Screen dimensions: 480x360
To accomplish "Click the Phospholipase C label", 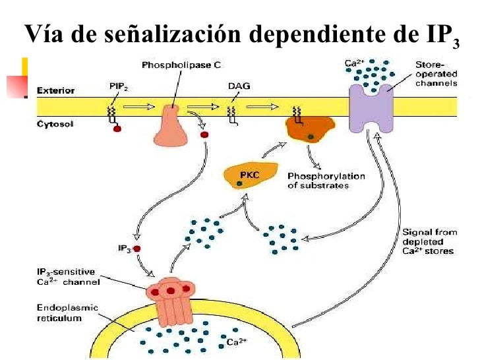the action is [181, 65].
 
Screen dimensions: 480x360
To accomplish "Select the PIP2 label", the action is [119, 86].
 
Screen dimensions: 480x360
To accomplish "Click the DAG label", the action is [239, 86].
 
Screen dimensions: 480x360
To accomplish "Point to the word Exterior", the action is [55, 90].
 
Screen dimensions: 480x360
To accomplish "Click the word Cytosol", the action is [55, 124].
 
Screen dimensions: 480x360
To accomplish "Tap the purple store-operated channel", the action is [371, 109].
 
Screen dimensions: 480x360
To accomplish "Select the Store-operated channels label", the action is [436, 74].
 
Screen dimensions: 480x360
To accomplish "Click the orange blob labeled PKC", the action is [251, 176].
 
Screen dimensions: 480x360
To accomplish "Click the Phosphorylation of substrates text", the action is [326, 181].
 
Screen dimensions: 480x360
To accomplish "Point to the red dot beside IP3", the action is [137, 249].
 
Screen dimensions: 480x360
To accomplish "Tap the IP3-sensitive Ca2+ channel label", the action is [69, 277].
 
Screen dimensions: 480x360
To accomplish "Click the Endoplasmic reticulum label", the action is [67, 313].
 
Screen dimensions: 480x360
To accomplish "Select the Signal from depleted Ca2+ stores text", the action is [430, 241].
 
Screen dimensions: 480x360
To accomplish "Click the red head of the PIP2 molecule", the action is [117, 129].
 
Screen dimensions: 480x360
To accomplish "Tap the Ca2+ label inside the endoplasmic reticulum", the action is [237, 342].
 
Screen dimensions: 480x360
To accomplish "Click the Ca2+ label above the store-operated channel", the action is [355, 63].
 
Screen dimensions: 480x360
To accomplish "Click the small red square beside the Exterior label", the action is [17, 86].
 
